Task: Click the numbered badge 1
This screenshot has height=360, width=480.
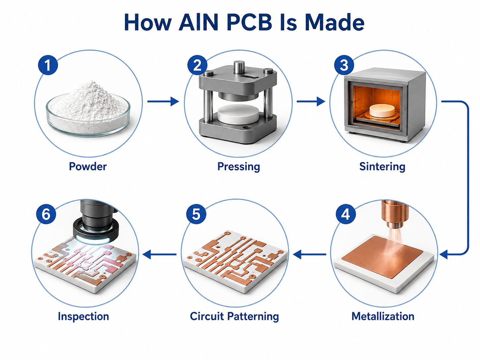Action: pos(48,65)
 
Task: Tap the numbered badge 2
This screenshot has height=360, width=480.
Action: pos(197,65)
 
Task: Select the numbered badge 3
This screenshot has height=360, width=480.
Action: pos(344,65)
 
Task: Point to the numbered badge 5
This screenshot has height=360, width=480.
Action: pos(196,214)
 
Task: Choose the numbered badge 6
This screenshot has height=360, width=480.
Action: pos(46,214)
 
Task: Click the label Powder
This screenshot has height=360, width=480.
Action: pos(88,166)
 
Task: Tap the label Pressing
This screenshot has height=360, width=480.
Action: pos(239,167)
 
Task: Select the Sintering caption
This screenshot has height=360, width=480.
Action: pos(382,167)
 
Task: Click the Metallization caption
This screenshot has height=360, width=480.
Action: pos(383,316)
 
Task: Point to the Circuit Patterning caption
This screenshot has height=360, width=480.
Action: pos(234,317)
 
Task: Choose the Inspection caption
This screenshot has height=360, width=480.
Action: pos(83,317)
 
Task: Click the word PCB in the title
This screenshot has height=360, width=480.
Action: pos(250,23)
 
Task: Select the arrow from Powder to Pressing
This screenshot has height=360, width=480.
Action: pos(163,101)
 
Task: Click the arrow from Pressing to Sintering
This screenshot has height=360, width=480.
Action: pos(311,101)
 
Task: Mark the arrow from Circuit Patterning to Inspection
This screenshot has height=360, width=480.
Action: pos(159,255)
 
